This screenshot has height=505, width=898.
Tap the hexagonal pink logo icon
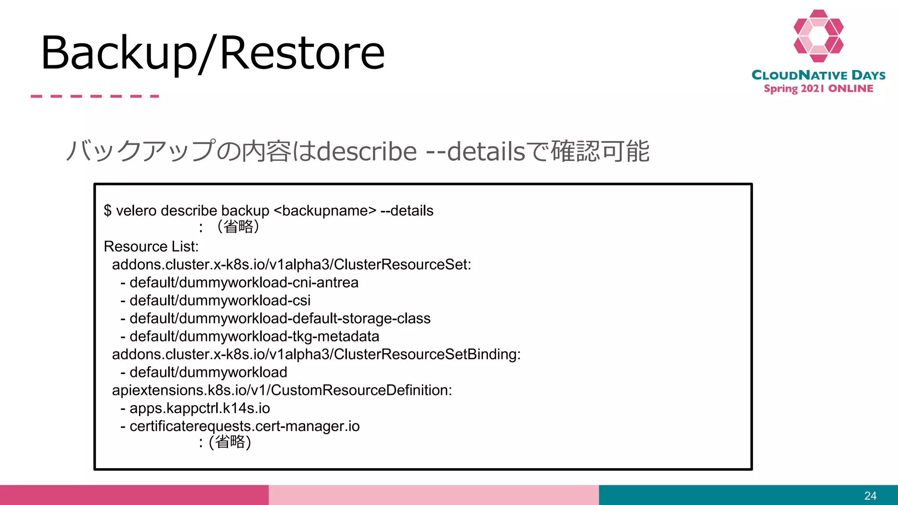818,36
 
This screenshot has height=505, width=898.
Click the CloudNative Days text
818,75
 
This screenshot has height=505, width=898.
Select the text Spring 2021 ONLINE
818,89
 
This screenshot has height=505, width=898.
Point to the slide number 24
870,496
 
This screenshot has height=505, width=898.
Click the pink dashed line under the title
95,96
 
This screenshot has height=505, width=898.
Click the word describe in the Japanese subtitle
367,152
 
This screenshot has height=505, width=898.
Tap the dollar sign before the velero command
107,211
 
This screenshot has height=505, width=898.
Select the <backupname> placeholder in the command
325,211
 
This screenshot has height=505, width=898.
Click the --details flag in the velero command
407,211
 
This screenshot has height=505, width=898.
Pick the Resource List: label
151,247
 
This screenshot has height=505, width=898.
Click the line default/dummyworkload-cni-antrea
244,283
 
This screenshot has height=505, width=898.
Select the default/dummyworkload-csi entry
220,301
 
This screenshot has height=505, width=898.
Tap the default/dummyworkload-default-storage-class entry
280,319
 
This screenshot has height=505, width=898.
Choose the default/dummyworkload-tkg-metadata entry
254,337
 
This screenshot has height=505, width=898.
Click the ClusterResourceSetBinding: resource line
316,354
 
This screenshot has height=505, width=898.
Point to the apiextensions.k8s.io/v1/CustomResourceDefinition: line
282,390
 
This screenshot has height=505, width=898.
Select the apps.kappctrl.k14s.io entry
200,408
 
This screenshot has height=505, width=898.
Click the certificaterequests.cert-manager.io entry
244,426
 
